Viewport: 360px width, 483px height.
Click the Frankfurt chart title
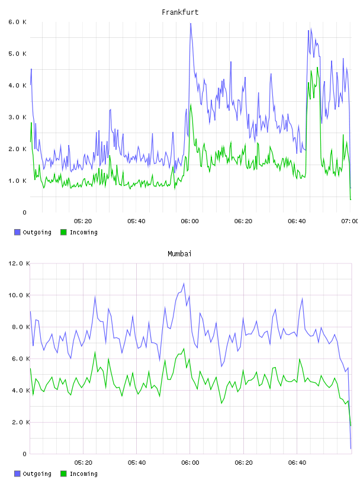[180, 12]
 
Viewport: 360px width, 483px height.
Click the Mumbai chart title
[179, 254]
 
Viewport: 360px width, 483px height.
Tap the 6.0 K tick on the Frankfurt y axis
[18, 22]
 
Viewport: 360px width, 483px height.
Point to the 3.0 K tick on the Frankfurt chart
[18, 117]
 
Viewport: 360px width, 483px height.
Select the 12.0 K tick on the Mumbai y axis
[19, 263]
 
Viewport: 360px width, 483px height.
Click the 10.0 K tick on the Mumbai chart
[19, 295]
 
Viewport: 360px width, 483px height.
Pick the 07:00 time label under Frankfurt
[350, 221]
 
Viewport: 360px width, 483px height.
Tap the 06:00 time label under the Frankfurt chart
[190, 221]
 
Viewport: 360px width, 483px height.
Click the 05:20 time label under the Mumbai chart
[83, 462]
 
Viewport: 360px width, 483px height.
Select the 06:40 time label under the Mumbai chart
[297, 462]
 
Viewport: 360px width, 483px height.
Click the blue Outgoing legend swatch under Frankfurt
[17, 232]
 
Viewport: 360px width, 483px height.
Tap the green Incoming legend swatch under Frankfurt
[63, 232]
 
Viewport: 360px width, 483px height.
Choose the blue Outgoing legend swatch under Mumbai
[17, 474]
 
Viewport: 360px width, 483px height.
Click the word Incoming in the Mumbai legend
[83, 474]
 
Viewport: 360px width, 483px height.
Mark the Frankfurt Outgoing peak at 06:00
[191, 24]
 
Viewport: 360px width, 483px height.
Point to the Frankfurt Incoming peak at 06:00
[191, 104]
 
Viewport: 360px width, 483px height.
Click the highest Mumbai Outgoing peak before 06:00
[184, 284]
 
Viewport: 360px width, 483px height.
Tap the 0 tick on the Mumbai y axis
[25, 454]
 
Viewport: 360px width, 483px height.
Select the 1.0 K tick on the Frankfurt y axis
[18, 181]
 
